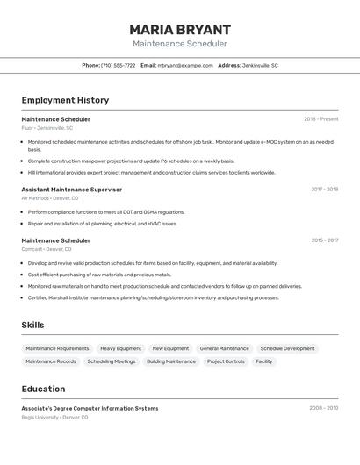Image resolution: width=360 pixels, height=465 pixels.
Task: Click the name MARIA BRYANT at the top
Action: click(180, 29)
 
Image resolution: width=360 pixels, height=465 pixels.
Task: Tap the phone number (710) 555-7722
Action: click(119, 65)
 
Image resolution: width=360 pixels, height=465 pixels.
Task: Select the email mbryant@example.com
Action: click(185, 65)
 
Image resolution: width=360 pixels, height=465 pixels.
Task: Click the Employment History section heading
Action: click(65, 100)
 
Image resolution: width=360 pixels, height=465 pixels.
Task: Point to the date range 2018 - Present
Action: click(320, 119)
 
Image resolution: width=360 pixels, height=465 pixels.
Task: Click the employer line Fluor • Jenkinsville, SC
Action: click(47, 128)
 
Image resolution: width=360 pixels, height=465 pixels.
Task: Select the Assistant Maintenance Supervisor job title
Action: click(72, 190)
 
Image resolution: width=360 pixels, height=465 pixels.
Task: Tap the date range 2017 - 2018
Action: click(324, 190)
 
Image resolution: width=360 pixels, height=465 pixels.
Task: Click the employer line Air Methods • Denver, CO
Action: click(50, 198)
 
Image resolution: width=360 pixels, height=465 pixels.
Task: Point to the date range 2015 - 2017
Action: click(324, 240)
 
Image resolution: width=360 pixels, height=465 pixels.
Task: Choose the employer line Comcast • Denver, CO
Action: click(47, 249)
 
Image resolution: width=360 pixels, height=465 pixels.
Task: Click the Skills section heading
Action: click(33, 325)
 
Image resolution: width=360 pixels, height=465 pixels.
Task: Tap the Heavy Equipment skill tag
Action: click(120, 348)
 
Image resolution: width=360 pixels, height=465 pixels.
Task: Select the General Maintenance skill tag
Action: click(224, 348)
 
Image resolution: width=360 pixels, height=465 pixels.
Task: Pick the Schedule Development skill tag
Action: click(287, 348)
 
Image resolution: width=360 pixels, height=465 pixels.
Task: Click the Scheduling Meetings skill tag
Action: click(112, 361)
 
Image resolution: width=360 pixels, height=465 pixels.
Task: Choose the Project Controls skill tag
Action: click(226, 361)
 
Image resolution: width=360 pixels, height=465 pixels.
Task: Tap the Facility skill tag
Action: click(264, 361)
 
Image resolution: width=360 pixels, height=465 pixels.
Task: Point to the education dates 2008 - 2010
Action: click(323, 408)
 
